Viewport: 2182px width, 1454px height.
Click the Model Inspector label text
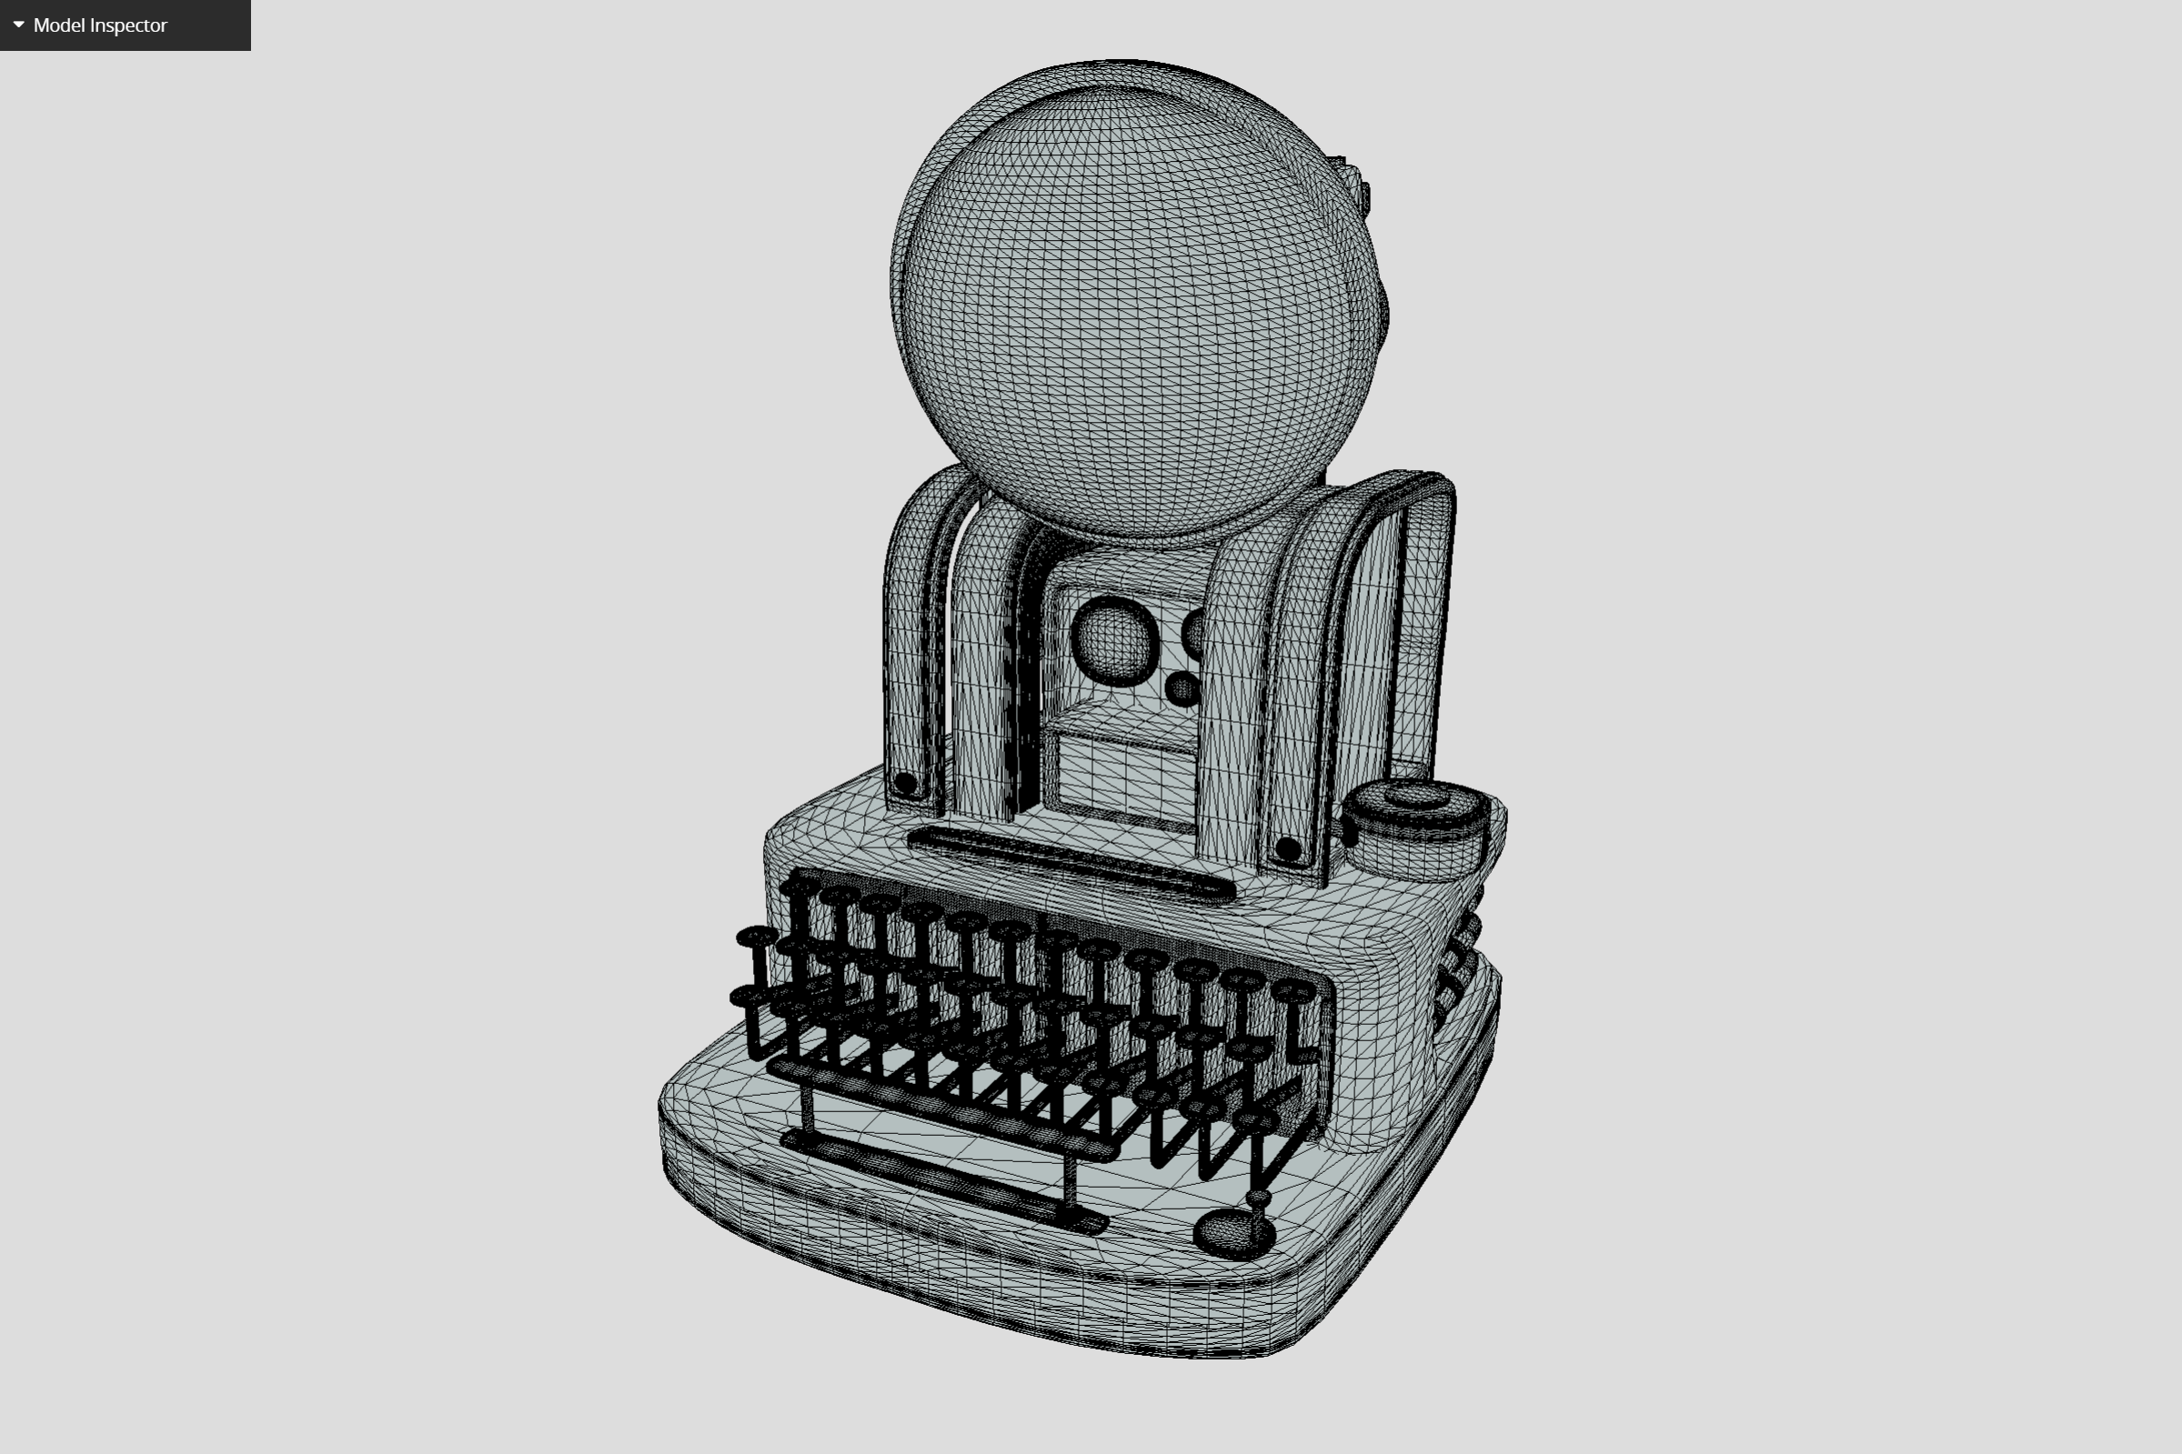[x=100, y=25]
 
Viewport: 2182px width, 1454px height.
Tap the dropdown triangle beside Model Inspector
[x=18, y=25]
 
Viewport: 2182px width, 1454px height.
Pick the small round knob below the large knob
[x=1182, y=688]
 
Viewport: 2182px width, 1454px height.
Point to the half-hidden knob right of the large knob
[x=1194, y=634]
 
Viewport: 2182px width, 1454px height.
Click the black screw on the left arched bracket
[x=905, y=784]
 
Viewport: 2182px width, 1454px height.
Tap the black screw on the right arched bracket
[x=1288, y=847]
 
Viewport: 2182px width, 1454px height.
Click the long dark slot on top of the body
[x=1071, y=863]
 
